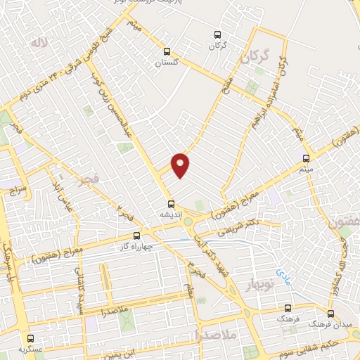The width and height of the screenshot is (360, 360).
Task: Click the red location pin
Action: (x=181, y=164)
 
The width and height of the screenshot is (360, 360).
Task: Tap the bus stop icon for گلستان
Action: (x=167, y=51)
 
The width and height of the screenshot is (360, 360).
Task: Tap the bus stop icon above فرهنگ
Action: (x=287, y=308)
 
